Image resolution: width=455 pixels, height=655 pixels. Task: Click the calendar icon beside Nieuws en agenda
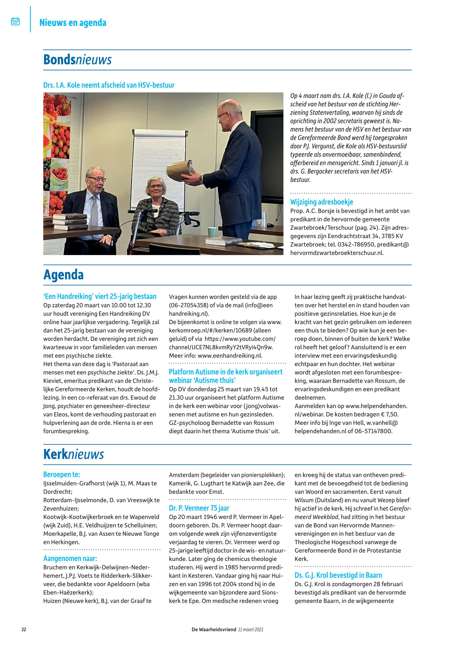click(15, 22)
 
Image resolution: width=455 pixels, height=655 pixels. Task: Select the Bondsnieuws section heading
click(77, 60)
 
